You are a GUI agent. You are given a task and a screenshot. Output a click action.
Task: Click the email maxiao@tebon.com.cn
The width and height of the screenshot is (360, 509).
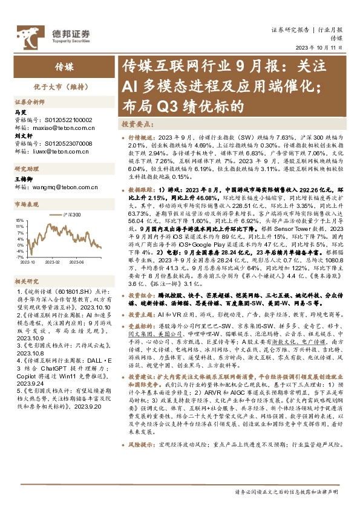point(64,128)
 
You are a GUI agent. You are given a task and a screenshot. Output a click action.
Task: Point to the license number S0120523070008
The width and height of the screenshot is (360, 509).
point(70,144)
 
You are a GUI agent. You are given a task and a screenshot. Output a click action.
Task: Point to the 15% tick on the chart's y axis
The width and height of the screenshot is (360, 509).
point(19,221)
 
